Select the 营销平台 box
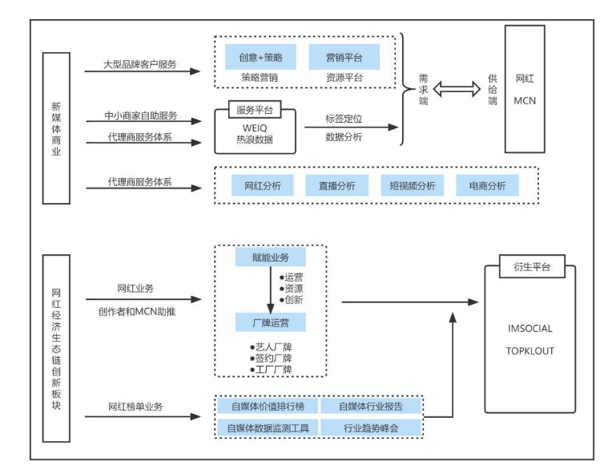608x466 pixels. click(x=344, y=58)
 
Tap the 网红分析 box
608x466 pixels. click(x=261, y=186)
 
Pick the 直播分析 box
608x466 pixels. click(x=336, y=186)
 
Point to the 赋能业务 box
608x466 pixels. click(x=269, y=258)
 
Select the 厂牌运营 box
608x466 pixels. click(x=269, y=322)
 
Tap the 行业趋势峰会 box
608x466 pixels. click(x=370, y=428)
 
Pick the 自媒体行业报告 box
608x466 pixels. click(x=370, y=406)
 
